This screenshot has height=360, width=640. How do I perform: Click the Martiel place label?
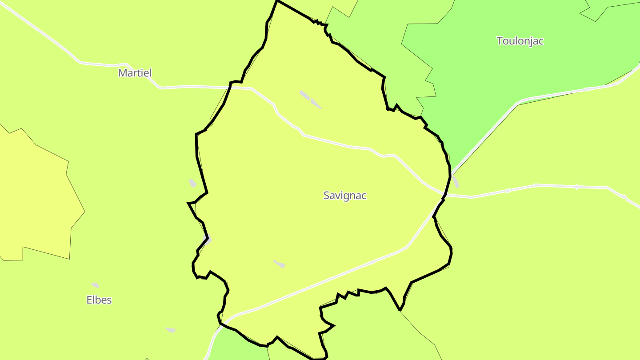pyautogui.click(x=135, y=73)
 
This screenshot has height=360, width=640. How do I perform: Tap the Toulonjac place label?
pyautogui.click(x=520, y=41)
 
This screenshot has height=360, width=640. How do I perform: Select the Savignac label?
pyautogui.click(x=345, y=196)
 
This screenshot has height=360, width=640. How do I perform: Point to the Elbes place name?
pyautogui.click(x=99, y=300)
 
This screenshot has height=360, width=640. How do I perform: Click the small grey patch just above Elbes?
pyautogui.click(x=95, y=285)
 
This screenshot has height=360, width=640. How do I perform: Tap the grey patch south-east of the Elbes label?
pyautogui.click(x=171, y=330)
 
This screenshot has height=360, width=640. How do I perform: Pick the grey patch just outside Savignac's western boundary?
pyautogui.click(x=192, y=183)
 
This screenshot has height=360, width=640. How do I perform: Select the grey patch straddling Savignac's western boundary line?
pyautogui.click(x=207, y=240)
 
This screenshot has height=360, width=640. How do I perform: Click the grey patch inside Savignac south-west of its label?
pyautogui.click(x=279, y=264)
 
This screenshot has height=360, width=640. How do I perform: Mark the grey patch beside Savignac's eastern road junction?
pyautogui.click(x=456, y=182)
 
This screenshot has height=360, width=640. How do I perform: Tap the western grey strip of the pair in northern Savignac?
pyautogui.click(x=304, y=94)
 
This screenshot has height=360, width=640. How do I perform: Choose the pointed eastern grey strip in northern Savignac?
pyautogui.click(x=316, y=104)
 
